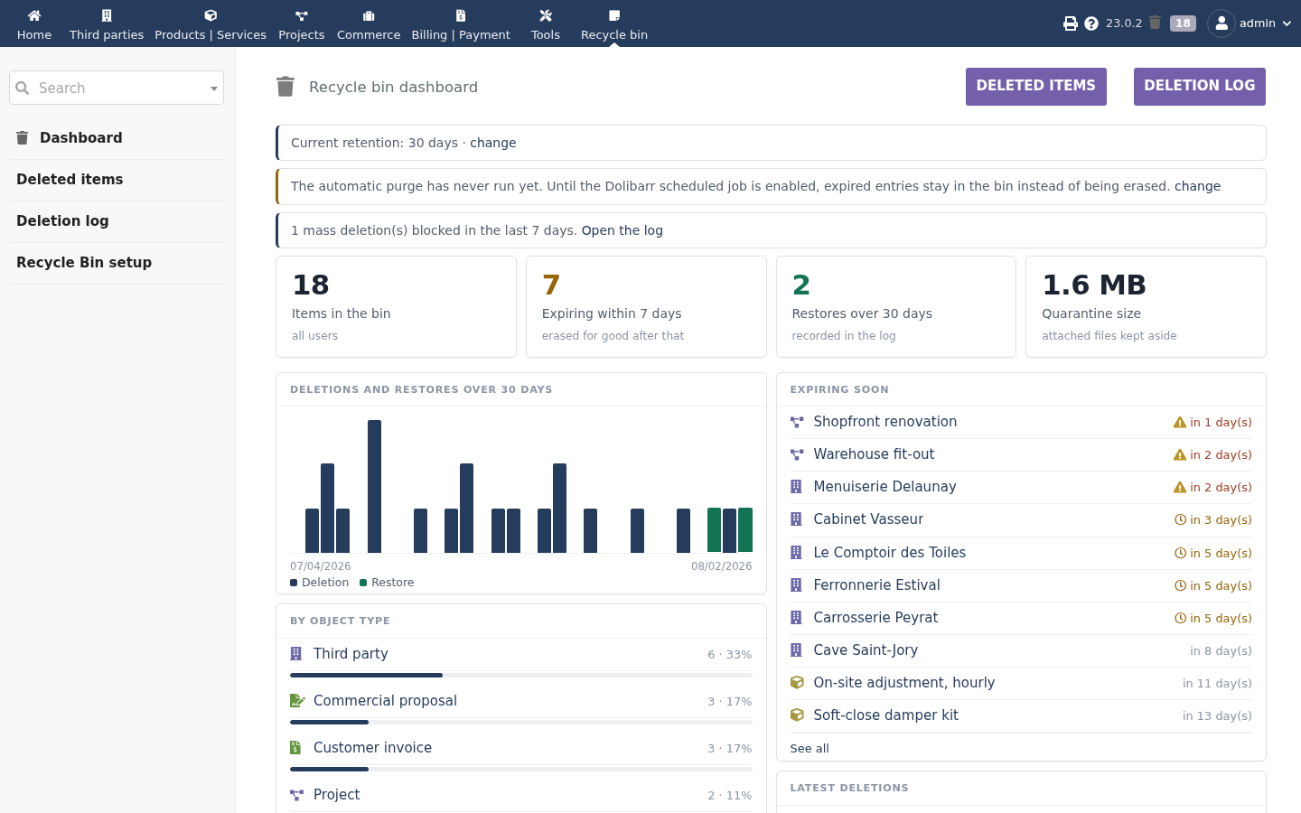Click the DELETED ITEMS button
[1035, 87]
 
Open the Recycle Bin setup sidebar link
[84, 263]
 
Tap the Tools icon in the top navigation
[546, 15]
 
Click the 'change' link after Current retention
[492, 143]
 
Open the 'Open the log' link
[622, 230]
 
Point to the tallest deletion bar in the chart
[375, 486]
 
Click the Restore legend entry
[387, 583]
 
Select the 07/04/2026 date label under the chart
[321, 566]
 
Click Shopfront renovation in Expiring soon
[884, 422]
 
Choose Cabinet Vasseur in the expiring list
[867, 519]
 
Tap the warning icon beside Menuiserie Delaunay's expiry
[1180, 487]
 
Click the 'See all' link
[810, 749]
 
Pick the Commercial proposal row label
[385, 701]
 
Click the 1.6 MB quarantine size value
[1093, 285]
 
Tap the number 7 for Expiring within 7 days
[550, 285]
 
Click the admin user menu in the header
[1250, 23]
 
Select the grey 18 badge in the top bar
[1183, 23]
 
